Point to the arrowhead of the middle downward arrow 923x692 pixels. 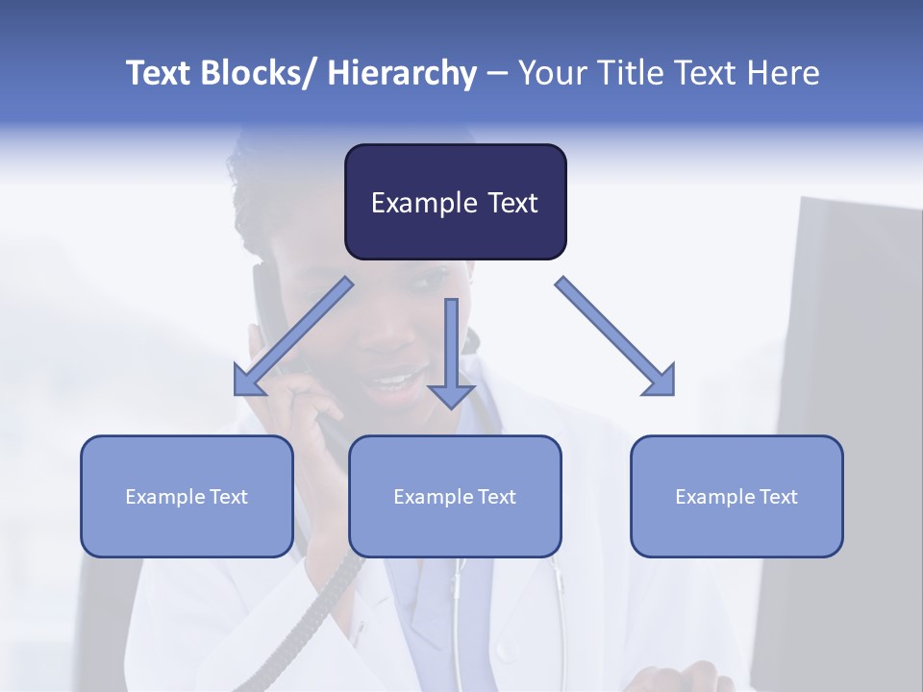(x=451, y=396)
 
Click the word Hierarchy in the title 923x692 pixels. (x=402, y=73)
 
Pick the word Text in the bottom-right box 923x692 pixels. (x=779, y=497)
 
